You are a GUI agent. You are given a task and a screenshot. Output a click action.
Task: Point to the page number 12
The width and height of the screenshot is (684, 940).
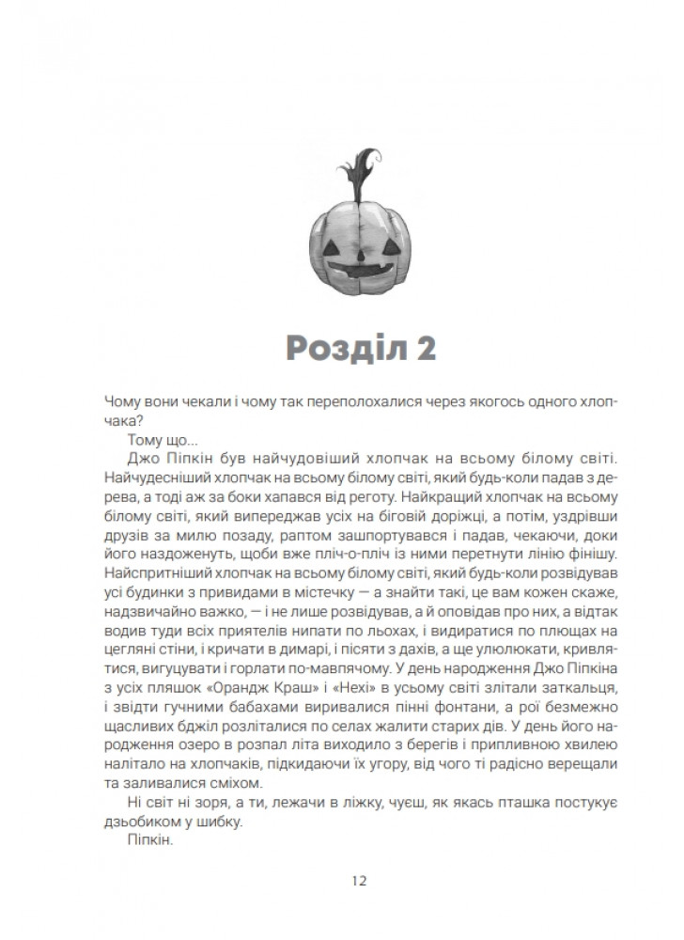(360, 881)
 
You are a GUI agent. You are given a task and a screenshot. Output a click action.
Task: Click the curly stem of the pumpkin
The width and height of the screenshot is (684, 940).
(360, 178)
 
